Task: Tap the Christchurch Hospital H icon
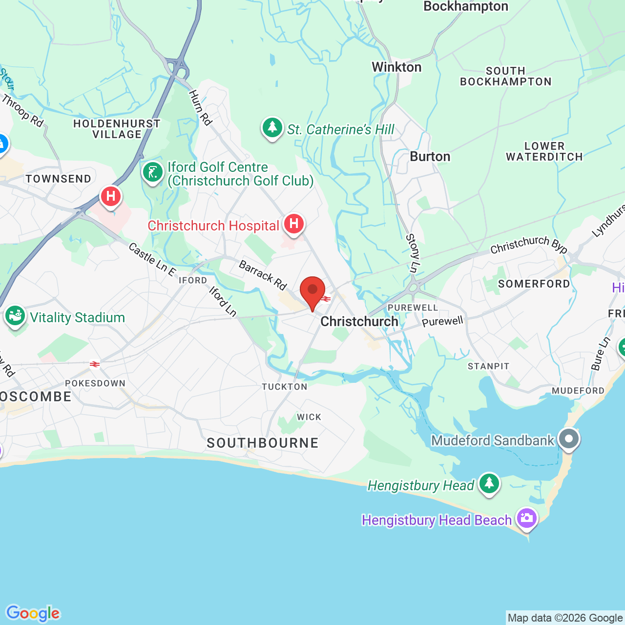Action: point(294,224)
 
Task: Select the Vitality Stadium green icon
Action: point(15,316)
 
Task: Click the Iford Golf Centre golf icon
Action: point(153,172)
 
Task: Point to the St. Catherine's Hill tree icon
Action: point(272,128)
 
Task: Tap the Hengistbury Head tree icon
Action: point(489,483)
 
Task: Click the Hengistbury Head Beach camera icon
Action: point(526,518)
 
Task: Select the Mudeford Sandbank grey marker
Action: point(568,439)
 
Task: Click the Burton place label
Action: point(430,157)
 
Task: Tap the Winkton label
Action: point(396,67)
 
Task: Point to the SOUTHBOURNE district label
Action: point(263,443)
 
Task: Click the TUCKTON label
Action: point(285,387)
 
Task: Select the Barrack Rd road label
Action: point(263,275)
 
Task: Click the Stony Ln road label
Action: point(413,253)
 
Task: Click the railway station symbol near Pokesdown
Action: point(95,364)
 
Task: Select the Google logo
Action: point(33,613)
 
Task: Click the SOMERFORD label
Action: point(534,284)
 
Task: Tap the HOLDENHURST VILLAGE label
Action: point(117,129)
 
